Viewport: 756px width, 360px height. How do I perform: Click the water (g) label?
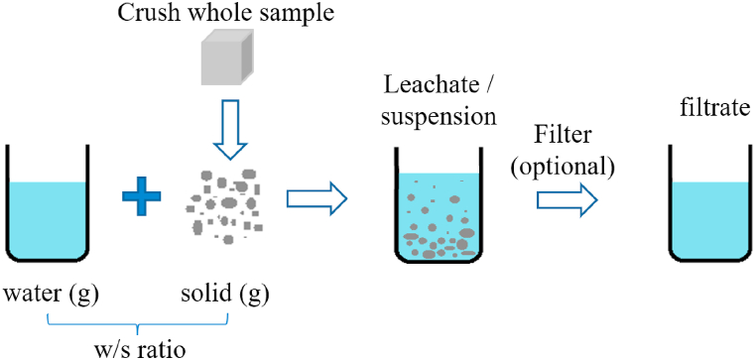(51, 295)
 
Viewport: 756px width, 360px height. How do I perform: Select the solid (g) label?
(225, 295)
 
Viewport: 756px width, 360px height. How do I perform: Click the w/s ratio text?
(135, 348)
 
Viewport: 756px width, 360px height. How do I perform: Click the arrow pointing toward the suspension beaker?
(316, 199)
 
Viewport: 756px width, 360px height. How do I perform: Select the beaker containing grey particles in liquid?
(438, 207)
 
